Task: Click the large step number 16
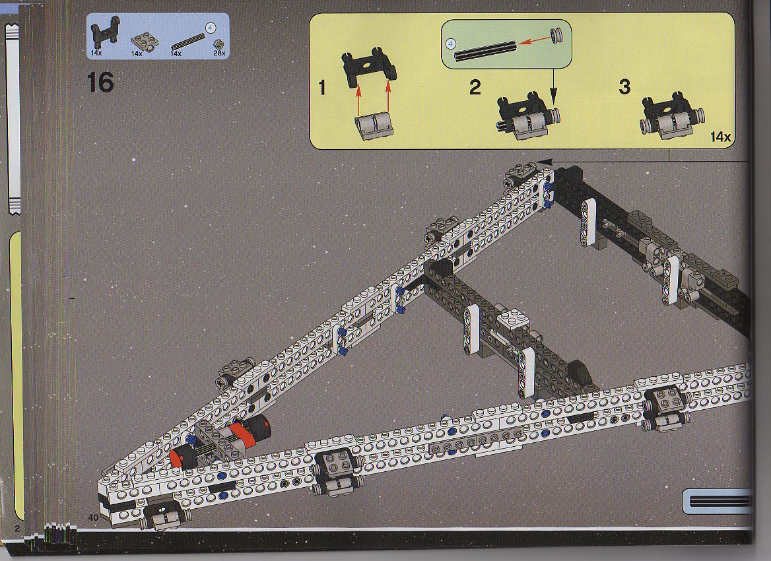[100, 82]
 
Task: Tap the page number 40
[93, 517]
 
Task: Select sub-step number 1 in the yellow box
[322, 88]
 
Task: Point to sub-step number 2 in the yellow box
[475, 88]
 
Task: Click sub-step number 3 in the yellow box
[624, 87]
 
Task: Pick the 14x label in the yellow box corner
[720, 137]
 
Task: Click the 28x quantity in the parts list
[219, 53]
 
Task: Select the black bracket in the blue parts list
[105, 31]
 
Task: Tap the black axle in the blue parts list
[188, 42]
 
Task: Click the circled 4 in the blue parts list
[210, 28]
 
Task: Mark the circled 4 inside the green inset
[451, 44]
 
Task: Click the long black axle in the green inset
[485, 51]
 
